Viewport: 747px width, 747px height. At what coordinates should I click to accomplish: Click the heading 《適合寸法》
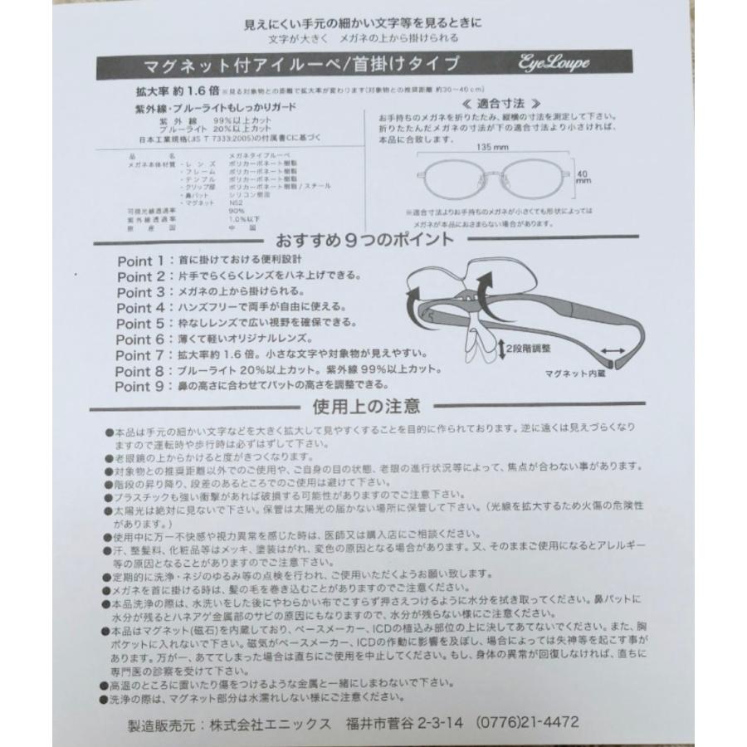pos(491,105)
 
